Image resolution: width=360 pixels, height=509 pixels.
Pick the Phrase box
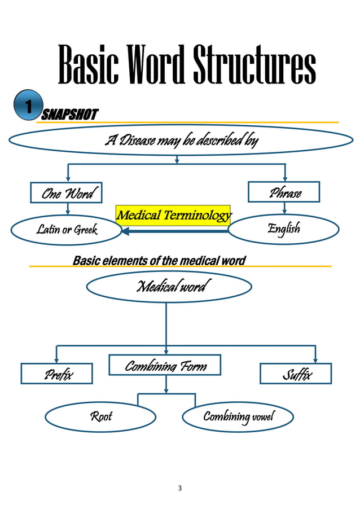point(284,192)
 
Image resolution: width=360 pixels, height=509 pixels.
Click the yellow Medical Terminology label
point(173,215)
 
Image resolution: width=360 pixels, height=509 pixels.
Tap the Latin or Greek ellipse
point(67,229)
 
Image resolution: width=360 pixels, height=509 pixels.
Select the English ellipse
point(283,229)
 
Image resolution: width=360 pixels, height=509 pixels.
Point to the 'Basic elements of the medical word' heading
point(159,260)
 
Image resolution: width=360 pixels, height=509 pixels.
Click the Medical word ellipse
point(169,287)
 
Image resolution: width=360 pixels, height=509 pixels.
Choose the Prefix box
point(56,374)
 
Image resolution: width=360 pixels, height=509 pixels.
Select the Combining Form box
point(165,365)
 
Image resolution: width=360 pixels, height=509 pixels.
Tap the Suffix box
point(295,374)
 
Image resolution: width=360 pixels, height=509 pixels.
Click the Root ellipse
point(100,416)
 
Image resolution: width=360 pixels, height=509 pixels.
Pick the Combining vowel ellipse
point(238,416)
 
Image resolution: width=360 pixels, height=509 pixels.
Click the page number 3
point(179,488)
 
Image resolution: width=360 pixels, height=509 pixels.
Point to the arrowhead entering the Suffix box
point(315,360)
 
